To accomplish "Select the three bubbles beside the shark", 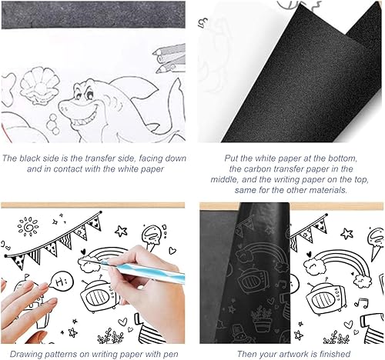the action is (x=53, y=124).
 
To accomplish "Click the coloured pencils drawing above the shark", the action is (x=169, y=58).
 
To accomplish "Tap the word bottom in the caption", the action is (x=343, y=158).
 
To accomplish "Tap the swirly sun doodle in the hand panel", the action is (x=28, y=227).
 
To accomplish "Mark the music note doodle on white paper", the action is (x=360, y=302).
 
